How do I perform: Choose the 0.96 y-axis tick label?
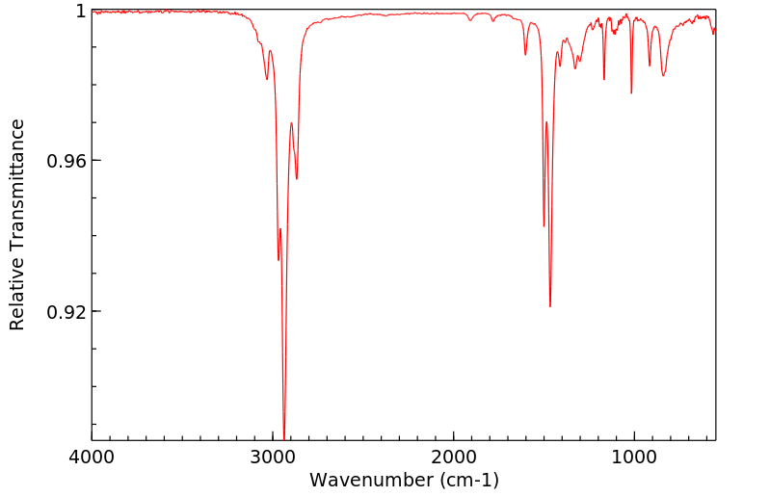click(66, 161)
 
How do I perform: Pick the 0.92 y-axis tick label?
click(66, 312)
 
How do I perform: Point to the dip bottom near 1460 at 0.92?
click(550, 306)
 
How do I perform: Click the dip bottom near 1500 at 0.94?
click(544, 226)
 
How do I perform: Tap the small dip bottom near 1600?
click(525, 54)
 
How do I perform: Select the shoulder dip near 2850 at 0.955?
click(296, 178)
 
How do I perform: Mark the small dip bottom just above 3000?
click(267, 79)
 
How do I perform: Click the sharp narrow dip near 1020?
click(631, 92)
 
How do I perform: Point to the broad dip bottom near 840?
click(663, 74)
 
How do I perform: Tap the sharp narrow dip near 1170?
click(604, 79)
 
